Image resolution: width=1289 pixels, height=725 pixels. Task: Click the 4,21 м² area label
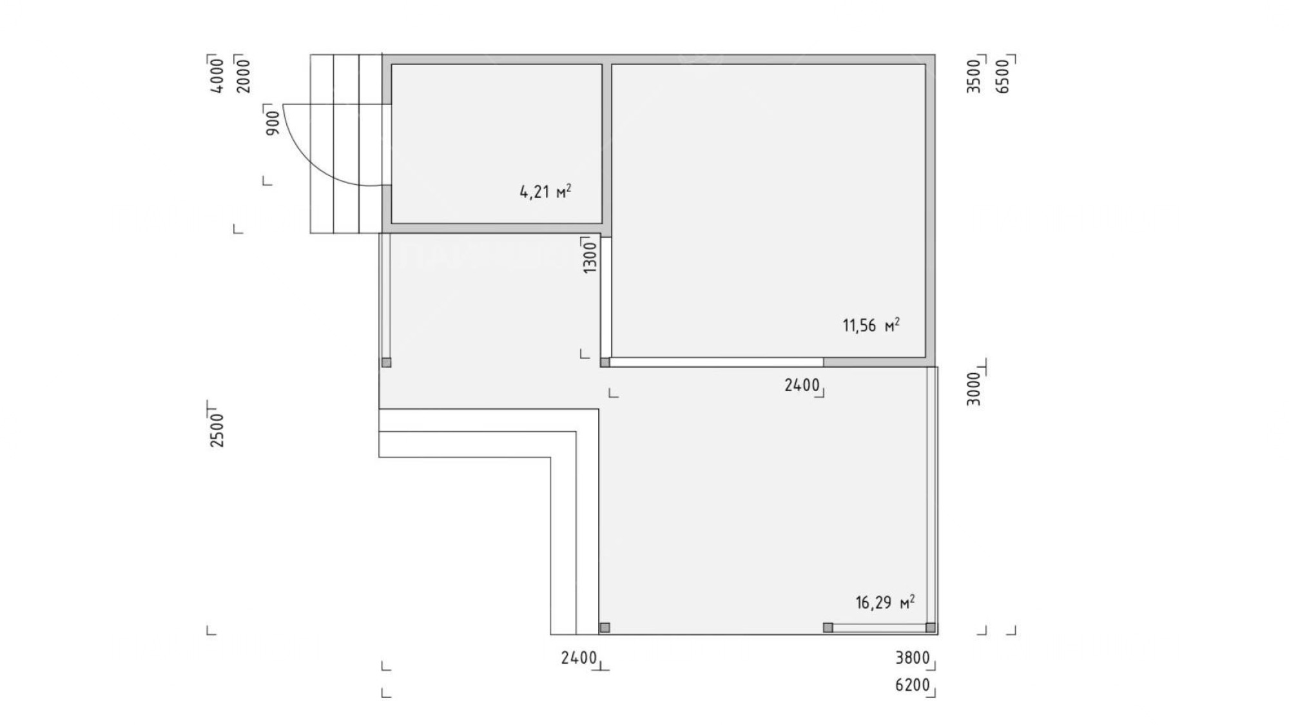click(x=545, y=191)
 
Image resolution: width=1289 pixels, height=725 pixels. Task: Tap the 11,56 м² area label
click(x=871, y=325)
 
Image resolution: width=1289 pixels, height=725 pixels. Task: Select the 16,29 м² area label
click(x=885, y=603)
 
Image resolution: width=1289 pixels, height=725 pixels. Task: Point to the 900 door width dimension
click(x=273, y=122)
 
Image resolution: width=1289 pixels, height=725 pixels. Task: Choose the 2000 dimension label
click(x=243, y=76)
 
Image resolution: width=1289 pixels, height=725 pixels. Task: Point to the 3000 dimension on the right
click(x=974, y=389)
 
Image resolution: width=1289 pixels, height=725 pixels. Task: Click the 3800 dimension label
click(x=913, y=658)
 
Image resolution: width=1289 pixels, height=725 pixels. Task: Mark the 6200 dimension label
click(x=913, y=685)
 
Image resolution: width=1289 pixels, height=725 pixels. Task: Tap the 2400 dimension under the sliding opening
click(x=802, y=385)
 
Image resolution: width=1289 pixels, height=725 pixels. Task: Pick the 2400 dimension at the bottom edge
click(x=579, y=658)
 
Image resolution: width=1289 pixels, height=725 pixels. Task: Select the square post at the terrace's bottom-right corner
click(x=931, y=627)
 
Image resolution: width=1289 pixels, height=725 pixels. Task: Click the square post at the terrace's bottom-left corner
click(x=605, y=627)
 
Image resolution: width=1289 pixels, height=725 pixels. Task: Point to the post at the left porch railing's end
click(x=386, y=362)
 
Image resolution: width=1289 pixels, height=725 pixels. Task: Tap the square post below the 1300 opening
click(x=605, y=362)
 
